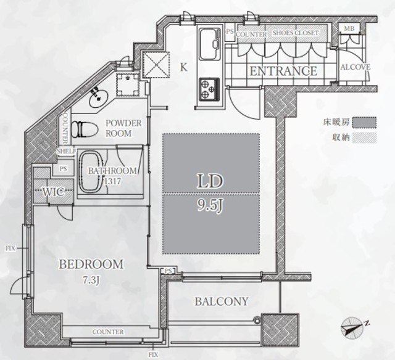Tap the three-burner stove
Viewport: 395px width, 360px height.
click(x=209, y=89)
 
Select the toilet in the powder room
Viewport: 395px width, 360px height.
click(x=85, y=129)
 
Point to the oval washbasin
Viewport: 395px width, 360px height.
click(x=98, y=98)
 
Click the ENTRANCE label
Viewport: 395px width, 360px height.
click(x=283, y=71)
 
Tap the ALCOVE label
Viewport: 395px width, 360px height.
click(x=355, y=67)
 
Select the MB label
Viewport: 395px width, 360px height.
click(x=349, y=28)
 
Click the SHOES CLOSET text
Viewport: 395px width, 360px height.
click(x=296, y=33)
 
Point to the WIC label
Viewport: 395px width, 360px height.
click(x=52, y=192)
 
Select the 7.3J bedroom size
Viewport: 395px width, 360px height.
click(x=91, y=279)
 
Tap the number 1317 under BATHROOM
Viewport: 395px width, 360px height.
click(x=112, y=181)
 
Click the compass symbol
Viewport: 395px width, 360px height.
click(x=353, y=327)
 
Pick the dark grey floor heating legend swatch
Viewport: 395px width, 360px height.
click(x=364, y=122)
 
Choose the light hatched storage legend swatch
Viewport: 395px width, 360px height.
click(x=364, y=138)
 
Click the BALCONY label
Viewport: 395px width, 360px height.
click(x=222, y=301)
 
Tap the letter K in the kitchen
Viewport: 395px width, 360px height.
click(x=184, y=67)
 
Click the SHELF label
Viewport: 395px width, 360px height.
click(x=67, y=151)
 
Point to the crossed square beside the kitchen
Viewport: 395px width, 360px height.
click(x=156, y=64)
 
